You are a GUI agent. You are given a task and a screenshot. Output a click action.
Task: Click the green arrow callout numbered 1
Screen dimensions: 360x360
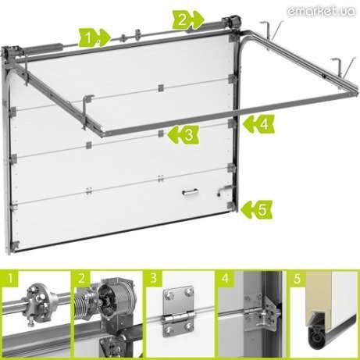pos(94,37)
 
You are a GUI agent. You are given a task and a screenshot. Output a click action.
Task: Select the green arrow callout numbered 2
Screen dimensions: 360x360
pos(187,20)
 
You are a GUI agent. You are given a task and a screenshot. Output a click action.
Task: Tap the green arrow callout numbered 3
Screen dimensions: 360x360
pos(184,134)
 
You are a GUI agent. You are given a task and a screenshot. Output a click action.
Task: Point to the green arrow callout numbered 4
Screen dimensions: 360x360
pos(258,124)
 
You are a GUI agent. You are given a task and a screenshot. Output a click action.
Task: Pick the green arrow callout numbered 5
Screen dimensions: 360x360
pos(257,209)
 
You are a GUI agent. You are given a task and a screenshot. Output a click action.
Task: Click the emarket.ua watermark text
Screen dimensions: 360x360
pos(321,11)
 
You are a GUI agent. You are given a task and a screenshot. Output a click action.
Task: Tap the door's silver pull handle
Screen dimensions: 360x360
pos(190,193)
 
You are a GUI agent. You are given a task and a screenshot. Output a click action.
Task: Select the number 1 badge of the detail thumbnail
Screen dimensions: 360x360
pos(10,278)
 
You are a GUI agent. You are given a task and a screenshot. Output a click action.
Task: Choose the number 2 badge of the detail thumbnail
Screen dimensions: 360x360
pos(82,278)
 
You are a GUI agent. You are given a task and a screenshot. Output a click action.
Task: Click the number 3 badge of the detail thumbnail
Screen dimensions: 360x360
pos(154,278)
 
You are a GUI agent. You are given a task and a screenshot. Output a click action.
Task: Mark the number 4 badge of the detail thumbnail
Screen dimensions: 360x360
pos(226,278)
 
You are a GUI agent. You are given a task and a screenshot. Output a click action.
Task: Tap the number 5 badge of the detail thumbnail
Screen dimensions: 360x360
pos(298,278)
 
